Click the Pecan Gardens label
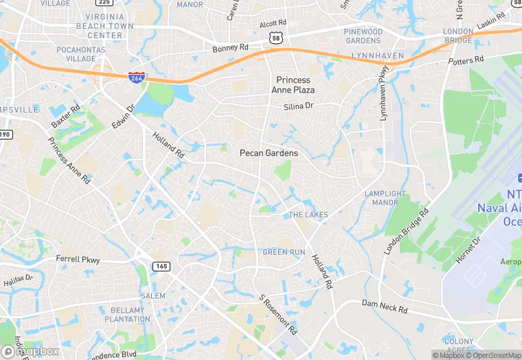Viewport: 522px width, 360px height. [x=269, y=153]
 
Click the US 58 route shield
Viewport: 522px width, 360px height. [x=276, y=38]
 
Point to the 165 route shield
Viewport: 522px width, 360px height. [x=162, y=266]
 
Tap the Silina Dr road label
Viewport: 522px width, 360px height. [x=298, y=106]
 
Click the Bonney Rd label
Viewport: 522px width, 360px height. [x=230, y=48]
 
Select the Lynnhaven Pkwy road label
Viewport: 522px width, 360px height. [x=383, y=92]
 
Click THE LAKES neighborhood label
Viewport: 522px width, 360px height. [x=308, y=215]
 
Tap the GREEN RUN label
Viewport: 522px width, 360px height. [x=284, y=253]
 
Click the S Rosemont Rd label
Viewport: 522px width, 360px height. [x=278, y=315]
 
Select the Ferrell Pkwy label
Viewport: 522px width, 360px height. [x=78, y=260]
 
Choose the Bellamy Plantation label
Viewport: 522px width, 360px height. [x=127, y=314]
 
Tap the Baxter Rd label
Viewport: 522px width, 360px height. [x=65, y=117]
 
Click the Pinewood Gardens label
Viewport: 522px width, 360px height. [x=363, y=36]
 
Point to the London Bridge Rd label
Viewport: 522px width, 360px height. [x=406, y=231]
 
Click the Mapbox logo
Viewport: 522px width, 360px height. [x=30, y=351]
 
